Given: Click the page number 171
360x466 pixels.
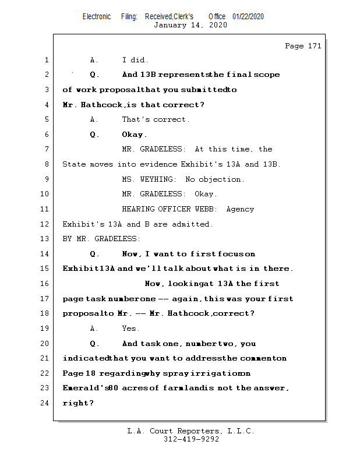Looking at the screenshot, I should [x=315, y=47].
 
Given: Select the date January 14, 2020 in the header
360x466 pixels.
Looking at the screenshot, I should [x=190, y=25].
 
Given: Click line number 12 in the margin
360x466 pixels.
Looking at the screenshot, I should [x=45, y=224].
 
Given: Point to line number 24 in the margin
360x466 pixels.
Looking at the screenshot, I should [x=45, y=403].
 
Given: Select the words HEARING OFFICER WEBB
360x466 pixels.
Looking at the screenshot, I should [x=170, y=209].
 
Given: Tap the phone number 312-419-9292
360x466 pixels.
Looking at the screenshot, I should [x=191, y=439].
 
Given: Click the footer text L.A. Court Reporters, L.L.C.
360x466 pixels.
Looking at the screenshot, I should [x=190, y=431].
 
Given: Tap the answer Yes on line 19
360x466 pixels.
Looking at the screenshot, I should [x=129, y=329].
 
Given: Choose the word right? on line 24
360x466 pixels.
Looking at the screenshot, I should [x=78, y=403].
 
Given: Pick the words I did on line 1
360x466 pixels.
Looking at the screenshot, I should [x=135, y=60].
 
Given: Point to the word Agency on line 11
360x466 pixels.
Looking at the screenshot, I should [x=240, y=209].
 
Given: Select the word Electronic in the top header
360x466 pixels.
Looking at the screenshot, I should [x=97, y=16].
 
